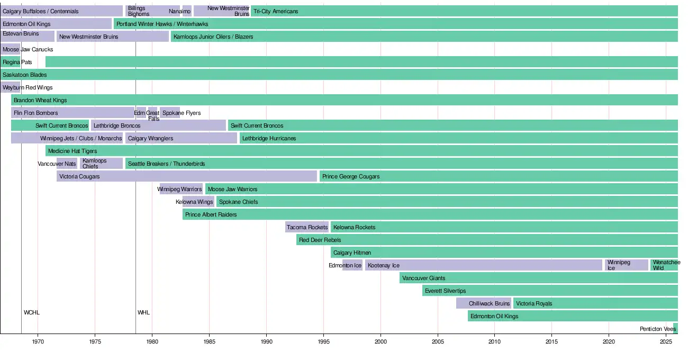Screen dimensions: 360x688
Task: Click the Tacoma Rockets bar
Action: click(307, 227)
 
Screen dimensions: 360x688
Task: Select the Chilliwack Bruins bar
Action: click(484, 303)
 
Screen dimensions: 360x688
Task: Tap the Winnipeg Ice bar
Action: click(627, 265)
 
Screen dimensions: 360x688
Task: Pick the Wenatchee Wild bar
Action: click(664, 265)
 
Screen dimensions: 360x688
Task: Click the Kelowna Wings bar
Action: click(198, 202)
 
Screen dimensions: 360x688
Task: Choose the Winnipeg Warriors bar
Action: click(181, 189)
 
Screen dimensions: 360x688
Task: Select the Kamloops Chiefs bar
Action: click(102, 164)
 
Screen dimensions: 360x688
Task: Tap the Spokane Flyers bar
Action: click(170, 113)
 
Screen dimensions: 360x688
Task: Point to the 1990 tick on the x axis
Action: click(266, 343)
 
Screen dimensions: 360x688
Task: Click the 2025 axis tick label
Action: click(666, 343)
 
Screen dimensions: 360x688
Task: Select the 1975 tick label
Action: click(95, 343)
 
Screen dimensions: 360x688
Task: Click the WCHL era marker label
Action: click(32, 312)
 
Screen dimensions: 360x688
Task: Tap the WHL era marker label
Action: click(143, 312)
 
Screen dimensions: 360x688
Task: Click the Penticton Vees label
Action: click(657, 329)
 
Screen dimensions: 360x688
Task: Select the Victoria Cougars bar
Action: click(187, 176)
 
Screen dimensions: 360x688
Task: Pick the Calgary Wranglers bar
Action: click(181, 138)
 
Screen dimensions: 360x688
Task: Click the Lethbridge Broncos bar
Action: click(158, 125)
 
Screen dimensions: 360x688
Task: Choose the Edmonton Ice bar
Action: click(352, 265)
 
